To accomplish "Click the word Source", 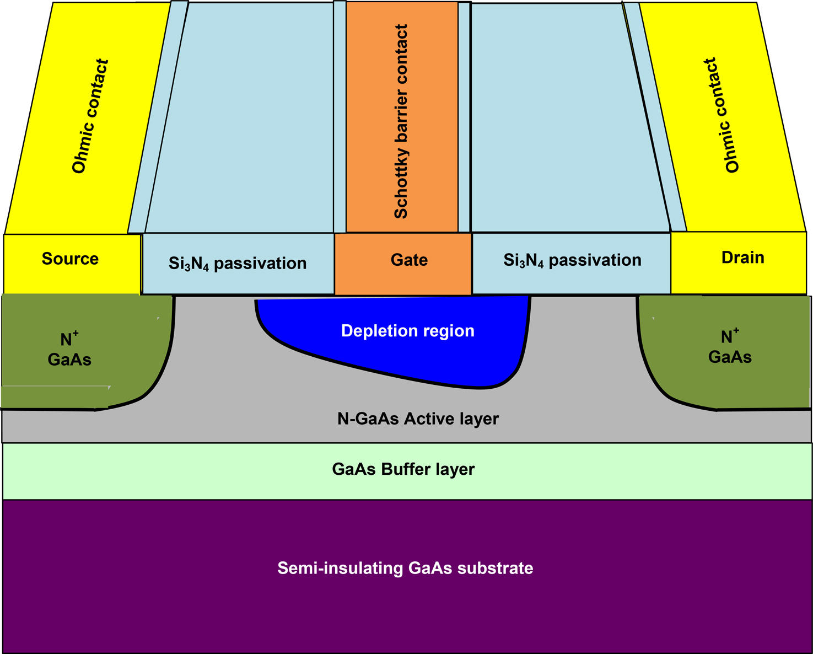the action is pyautogui.click(x=70, y=259).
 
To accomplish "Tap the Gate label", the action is pyautogui.click(x=409, y=260).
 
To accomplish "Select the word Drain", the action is pyautogui.click(x=743, y=258).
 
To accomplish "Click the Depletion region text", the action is pyautogui.click(x=408, y=331).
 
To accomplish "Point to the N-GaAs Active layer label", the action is pyautogui.click(x=418, y=419).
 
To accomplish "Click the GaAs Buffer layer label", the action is pyautogui.click(x=403, y=469).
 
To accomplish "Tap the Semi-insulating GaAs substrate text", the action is pyautogui.click(x=405, y=568).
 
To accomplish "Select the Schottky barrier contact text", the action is pyautogui.click(x=401, y=121).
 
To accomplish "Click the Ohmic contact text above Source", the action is pyautogui.click(x=90, y=116).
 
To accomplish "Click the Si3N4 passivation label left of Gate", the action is pyautogui.click(x=237, y=264).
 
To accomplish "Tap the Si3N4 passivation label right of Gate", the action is pyautogui.click(x=572, y=260).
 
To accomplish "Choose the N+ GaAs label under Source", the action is pyautogui.click(x=69, y=349).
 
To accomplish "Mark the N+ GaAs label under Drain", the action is pyautogui.click(x=730, y=347).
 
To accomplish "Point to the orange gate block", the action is pyautogui.click(x=403, y=264).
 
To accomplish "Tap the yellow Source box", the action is pyautogui.click(x=72, y=264).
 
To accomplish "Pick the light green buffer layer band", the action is pyautogui.click(x=407, y=471).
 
